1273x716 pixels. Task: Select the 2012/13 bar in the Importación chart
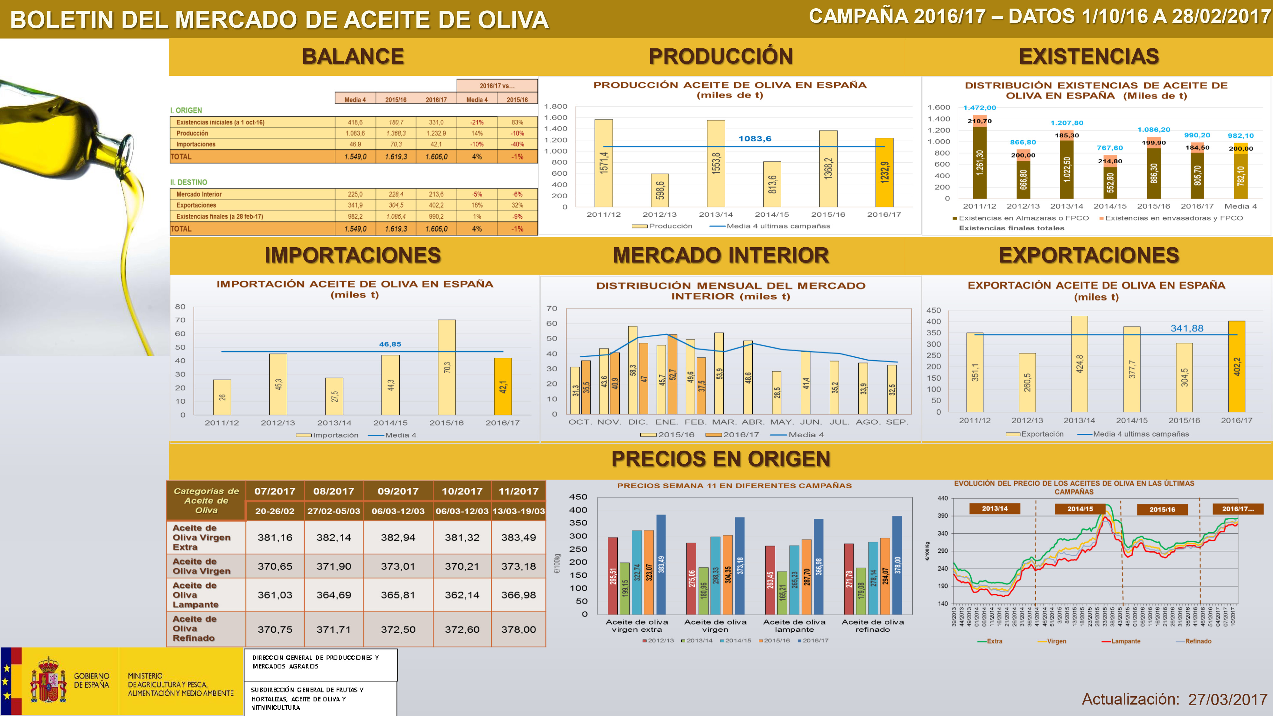pyautogui.click(x=278, y=384)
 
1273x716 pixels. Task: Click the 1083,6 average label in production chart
pyautogui.click(x=755, y=139)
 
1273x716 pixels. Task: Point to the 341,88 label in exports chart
pyautogui.click(x=1186, y=329)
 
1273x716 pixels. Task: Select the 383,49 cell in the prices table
pyautogui.click(x=518, y=537)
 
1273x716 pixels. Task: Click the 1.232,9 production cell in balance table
pyautogui.click(x=436, y=133)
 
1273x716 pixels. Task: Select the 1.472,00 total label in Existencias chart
pyautogui.click(x=980, y=108)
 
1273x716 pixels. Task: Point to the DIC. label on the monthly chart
pyautogui.click(x=637, y=422)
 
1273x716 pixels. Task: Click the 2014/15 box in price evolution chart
pyautogui.click(x=1080, y=509)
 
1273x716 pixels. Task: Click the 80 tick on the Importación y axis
pyautogui.click(x=180, y=307)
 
